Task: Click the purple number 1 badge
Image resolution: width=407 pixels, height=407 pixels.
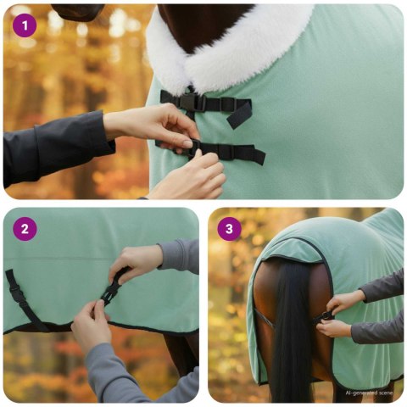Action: (x=25, y=25)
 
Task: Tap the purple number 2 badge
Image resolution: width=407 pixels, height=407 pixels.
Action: (x=25, y=229)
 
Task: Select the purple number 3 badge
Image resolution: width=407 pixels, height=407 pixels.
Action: (x=230, y=229)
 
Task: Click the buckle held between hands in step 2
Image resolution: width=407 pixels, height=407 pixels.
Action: (x=111, y=291)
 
